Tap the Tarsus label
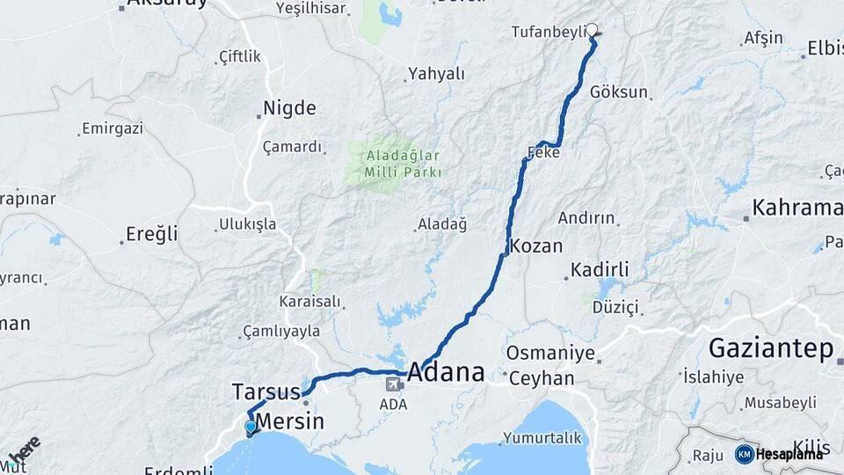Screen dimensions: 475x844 [x=266, y=391]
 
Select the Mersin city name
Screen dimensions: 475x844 [x=289, y=421]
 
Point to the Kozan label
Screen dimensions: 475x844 [x=535, y=245]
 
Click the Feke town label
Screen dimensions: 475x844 [x=543, y=153]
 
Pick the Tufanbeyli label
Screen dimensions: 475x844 [x=548, y=32]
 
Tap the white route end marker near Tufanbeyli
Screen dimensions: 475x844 [x=593, y=29]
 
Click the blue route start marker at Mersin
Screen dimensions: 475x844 [x=251, y=428]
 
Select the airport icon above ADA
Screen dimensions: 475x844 [x=393, y=384]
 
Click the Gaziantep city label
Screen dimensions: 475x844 [x=771, y=348]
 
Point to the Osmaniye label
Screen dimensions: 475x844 [x=551, y=354]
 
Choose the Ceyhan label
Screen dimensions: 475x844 [x=540, y=378]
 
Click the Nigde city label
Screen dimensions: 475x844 [x=289, y=109]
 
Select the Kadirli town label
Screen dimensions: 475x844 [x=600, y=269]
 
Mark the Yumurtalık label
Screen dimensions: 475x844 [x=542, y=437]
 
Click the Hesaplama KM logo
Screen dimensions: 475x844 [x=779, y=454]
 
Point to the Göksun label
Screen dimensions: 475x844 [x=619, y=92]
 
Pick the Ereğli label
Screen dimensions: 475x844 [x=152, y=234]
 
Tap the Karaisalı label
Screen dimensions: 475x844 [x=309, y=302]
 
